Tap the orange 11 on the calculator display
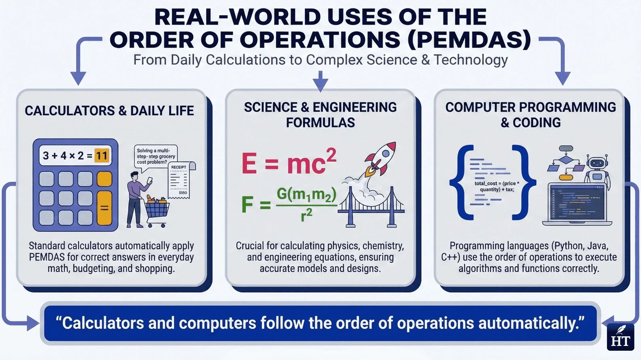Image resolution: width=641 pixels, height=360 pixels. pyautogui.click(x=101, y=156)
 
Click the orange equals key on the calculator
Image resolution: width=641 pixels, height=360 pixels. pyautogui.click(x=104, y=208)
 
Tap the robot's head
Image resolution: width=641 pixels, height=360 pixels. pyautogui.click(x=597, y=163)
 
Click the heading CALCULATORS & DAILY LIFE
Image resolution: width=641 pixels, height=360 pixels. pyautogui.click(x=109, y=111)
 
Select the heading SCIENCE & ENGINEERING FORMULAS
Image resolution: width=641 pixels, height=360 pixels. pyautogui.click(x=320, y=115)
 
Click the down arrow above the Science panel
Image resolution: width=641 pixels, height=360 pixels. pyautogui.click(x=320, y=81)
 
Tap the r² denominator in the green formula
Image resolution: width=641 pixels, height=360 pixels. pyautogui.click(x=306, y=215)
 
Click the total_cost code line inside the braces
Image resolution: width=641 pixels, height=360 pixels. pyautogui.click(x=497, y=186)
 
